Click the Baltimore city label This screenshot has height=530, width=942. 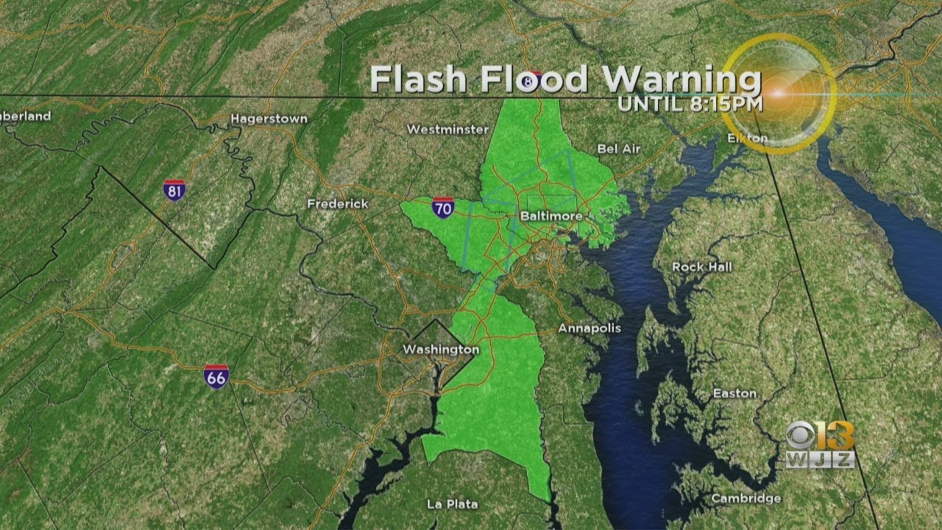(x=550, y=216)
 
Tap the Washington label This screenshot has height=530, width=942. (x=441, y=350)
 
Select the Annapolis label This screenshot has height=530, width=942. (x=589, y=328)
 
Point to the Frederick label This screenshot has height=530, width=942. (x=338, y=204)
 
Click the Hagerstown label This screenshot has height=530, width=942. (x=269, y=119)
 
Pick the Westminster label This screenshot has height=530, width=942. (x=447, y=130)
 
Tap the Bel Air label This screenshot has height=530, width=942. (x=619, y=149)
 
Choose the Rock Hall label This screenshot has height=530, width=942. (x=702, y=267)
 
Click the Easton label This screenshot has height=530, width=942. (x=734, y=394)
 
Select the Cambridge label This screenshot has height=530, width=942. (x=746, y=499)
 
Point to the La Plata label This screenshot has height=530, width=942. (x=452, y=504)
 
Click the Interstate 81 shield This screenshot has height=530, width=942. (x=174, y=190)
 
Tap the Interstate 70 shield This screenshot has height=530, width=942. (x=443, y=208)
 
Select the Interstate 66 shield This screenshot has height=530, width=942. (x=216, y=376)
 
